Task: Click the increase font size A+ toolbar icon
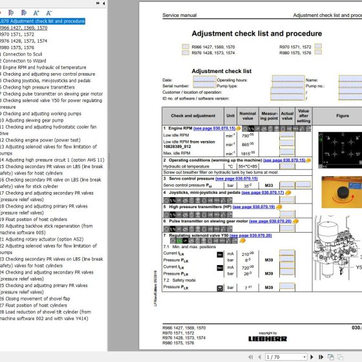click(x=36, y=12)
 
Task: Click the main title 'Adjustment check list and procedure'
click(x=257, y=34)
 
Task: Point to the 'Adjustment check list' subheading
click(x=222, y=71)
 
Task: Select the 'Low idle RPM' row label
click(x=176, y=136)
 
